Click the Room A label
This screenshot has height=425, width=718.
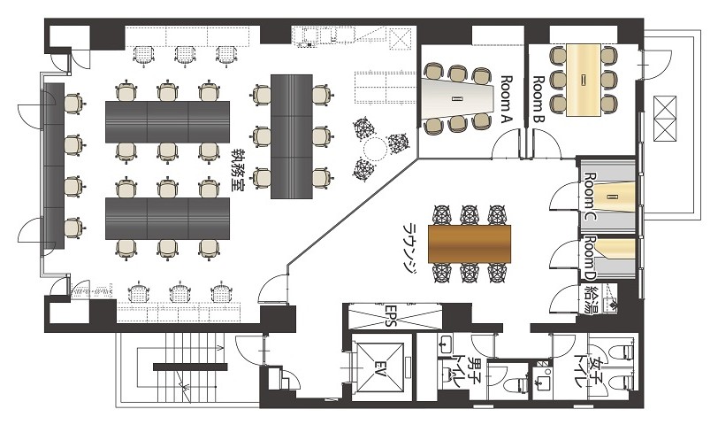click(507, 99)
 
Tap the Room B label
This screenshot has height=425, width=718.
click(538, 99)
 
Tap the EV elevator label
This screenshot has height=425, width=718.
click(379, 369)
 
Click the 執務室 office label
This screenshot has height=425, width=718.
click(238, 170)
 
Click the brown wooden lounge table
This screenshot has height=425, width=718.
click(470, 243)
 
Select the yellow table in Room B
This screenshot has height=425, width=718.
click(583, 81)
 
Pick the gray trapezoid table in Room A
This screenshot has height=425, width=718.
click(456, 98)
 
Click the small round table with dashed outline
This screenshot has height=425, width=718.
click(376, 149)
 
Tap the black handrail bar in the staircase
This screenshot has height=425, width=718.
click(190, 367)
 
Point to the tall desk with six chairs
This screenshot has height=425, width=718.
click(292, 136)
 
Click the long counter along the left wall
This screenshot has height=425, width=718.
click(54, 166)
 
